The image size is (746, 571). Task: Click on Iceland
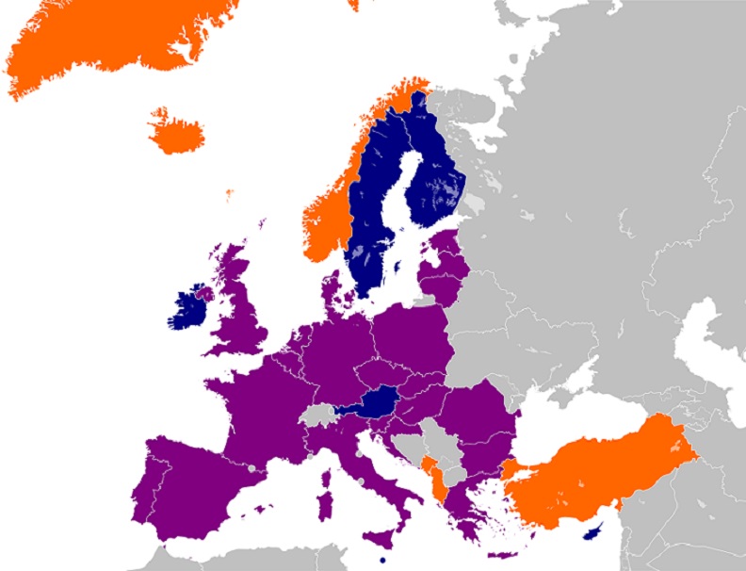click(x=176, y=135)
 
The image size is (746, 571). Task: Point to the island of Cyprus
click(x=594, y=531)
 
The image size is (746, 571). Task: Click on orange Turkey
click(x=603, y=471)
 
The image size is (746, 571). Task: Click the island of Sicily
click(x=382, y=538)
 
